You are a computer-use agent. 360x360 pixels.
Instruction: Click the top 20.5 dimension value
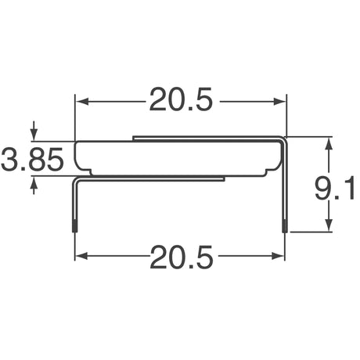click(x=181, y=102)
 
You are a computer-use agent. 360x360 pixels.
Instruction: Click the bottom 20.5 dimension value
click(x=181, y=257)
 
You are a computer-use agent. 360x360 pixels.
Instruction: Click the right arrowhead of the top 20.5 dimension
click(x=281, y=102)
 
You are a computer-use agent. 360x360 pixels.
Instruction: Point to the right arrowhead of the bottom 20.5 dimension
click(x=281, y=257)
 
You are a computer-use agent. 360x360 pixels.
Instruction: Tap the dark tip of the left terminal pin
click(x=76, y=227)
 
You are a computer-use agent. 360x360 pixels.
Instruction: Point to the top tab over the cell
click(x=207, y=138)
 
